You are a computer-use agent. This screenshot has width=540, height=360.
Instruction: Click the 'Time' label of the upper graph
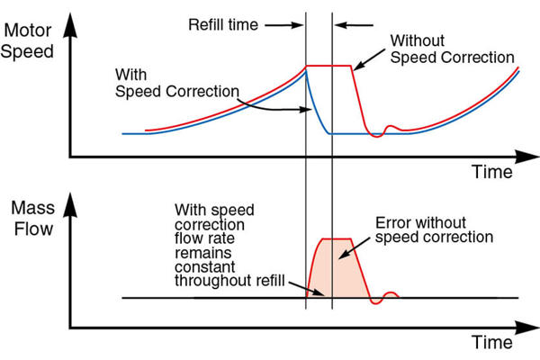tap(493, 171)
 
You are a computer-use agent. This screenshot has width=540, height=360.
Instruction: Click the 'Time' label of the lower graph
tap(493, 343)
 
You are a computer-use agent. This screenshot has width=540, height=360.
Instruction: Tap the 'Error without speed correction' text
tap(433, 230)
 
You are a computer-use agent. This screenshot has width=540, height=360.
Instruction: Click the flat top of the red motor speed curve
tap(328, 66)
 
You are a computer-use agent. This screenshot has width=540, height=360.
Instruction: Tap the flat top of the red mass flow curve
tap(336, 238)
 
